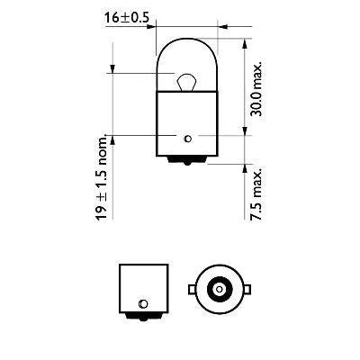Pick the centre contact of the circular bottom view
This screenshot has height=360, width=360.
219,288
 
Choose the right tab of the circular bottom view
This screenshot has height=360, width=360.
246,288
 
